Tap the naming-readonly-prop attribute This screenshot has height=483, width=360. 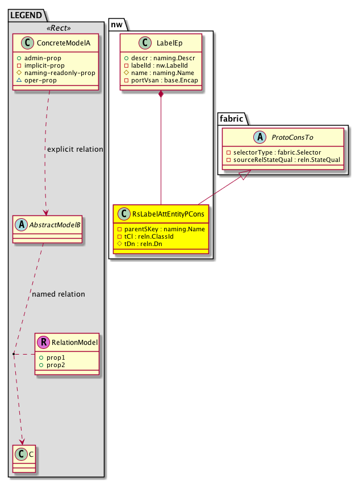click(x=63, y=73)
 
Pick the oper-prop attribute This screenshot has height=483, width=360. click(x=52, y=81)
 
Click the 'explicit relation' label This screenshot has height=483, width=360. click(x=74, y=149)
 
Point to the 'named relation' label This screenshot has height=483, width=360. click(x=58, y=294)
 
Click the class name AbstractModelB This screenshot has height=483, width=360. click(x=54, y=223)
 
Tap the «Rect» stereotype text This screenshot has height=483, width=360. click(x=56, y=29)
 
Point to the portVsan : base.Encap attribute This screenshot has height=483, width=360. click(x=161, y=81)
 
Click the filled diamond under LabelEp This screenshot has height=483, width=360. click(x=161, y=94)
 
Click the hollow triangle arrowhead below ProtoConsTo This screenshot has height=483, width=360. click(x=242, y=177)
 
